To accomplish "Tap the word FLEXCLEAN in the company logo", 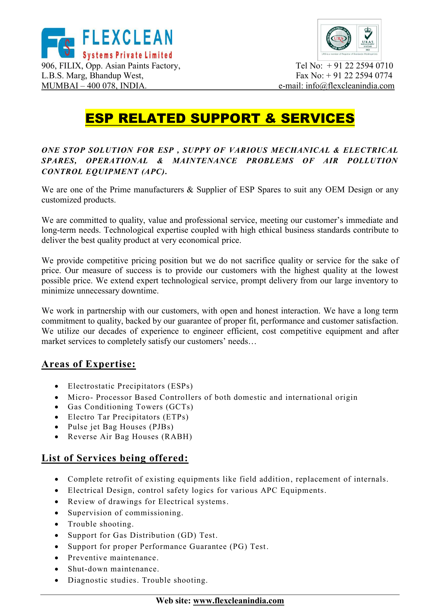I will click(127, 38).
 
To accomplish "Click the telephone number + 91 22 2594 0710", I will click(360, 66).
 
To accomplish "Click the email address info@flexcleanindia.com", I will click(350, 86).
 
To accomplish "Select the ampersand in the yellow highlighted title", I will click(270, 118).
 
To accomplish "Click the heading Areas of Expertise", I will click(88, 364).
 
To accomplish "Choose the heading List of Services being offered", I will click(115, 458).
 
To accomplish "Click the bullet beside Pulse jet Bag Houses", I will click(56, 427).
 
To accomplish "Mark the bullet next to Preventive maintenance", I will click(56, 558).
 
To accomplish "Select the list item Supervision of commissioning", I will click(125, 513).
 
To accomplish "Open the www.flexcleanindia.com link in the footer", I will click(238, 601).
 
